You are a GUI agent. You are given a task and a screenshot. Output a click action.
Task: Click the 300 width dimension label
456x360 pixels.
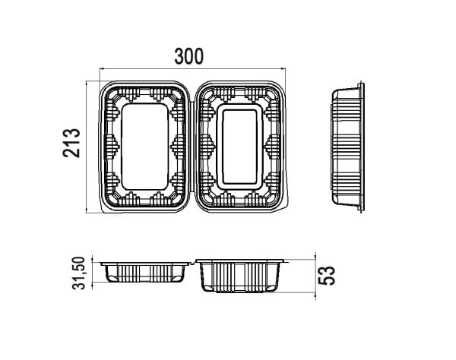tap(189, 56)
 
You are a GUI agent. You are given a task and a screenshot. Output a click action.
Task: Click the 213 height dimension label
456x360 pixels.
tap(71, 143)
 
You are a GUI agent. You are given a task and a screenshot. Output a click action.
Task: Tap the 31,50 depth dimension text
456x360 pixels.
tap(79, 273)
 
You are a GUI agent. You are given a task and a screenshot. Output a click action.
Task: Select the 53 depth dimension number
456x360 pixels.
tap(327, 276)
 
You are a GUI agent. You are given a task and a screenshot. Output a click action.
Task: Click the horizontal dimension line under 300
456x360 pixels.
tap(192, 69)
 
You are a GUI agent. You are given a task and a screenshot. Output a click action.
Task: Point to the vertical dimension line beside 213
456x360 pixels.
tap(87, 147)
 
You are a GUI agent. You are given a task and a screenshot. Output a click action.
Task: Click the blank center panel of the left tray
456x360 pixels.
tap(145, 147)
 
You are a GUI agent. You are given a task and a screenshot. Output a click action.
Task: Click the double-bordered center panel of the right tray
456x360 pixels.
tap(240, 147)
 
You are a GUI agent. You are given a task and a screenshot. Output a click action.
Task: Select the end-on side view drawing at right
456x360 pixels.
tap(348, 147)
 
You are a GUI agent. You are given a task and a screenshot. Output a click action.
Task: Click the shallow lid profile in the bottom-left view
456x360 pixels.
tap(145, 272)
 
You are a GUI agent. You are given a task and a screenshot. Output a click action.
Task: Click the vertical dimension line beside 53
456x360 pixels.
tap(315, 276)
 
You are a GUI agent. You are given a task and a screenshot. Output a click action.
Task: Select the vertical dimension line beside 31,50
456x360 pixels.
tap(93, 272)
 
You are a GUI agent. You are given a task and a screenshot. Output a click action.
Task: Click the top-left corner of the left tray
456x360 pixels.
tap(101, 83)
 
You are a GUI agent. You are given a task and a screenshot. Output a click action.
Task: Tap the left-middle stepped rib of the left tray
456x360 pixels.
tap(112, 147)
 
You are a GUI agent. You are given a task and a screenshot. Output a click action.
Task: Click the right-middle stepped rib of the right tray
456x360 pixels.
tap(273, 147)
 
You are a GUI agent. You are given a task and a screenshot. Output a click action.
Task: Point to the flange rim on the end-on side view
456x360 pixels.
tap(362, 147)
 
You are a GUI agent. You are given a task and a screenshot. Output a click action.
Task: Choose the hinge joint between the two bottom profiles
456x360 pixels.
tap(193, 262)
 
